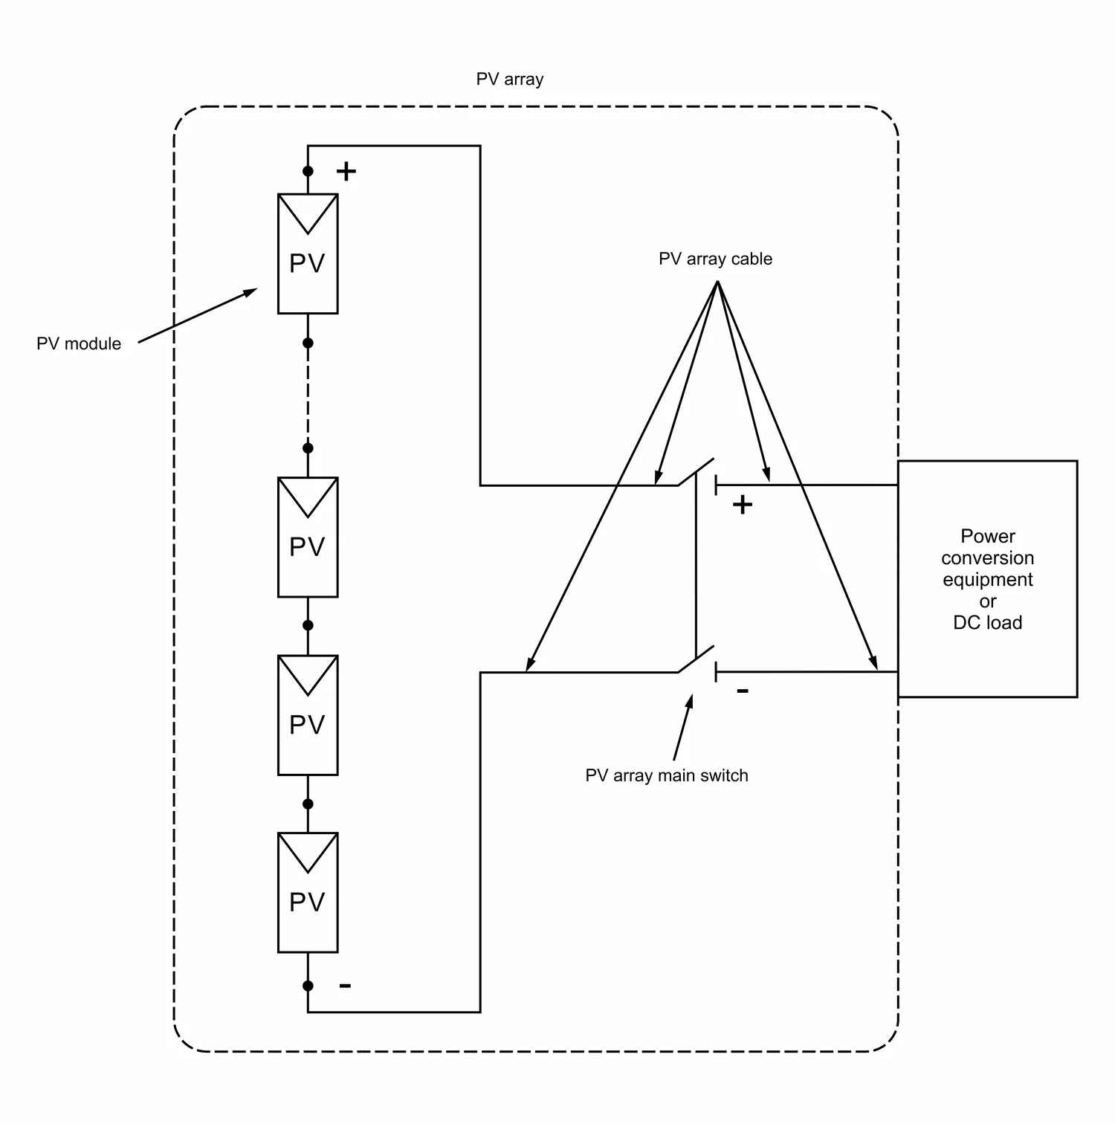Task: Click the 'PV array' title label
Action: tap(509, 79)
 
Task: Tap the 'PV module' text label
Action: tap(79, 343)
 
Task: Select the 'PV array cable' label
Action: tap(715, 259)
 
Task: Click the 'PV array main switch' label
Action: tap(666, 775)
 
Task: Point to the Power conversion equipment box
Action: tap(987, 578)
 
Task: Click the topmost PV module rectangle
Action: tap(308, 253)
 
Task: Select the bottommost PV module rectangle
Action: tap(308, 892)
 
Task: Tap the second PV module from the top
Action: tap(308, 537)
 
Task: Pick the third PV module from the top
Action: tap(308, 714)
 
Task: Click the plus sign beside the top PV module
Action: tap(346, 172)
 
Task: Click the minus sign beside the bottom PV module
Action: tap(345, 986)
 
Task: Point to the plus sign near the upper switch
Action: tap(743, 506)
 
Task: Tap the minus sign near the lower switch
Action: tap(743, 691)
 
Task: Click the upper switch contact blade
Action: tap(696, 472)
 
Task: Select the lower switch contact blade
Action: tap(696, 659)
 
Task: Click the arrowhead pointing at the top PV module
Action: tap(251, 291)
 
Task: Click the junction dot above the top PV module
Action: tap(308, 171)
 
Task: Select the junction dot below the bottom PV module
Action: tap(308, 986)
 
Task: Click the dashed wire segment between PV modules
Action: tap(308, 395)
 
